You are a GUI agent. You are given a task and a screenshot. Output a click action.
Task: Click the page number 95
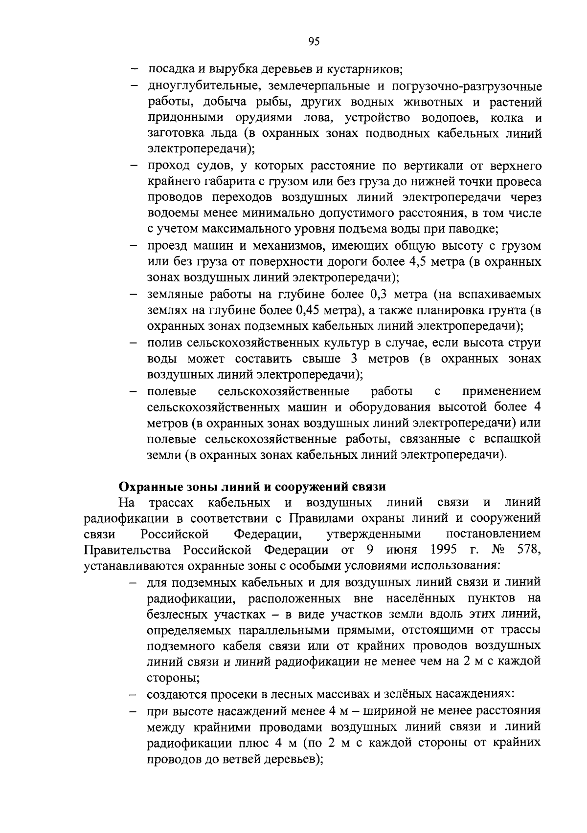tap(314, 42)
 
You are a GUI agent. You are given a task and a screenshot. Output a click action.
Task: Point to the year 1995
tap(444, 550)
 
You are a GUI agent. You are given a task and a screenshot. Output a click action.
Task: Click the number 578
tap(528, 550)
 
